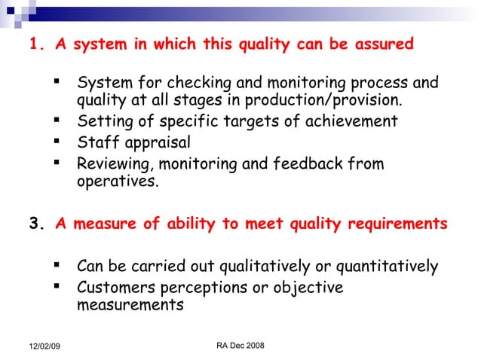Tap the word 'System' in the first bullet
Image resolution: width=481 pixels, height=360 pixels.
click(x=102, y=82)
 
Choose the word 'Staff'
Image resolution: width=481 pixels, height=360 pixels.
click(x=97, y=142)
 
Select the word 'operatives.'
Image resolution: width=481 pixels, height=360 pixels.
click(x=118, y=182)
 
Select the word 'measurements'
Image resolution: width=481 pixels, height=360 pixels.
click(x=130, y=306)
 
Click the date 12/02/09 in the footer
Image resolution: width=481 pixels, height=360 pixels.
click(x=44, y=345)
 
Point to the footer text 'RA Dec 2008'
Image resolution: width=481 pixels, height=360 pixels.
click(x=240, y=344)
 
